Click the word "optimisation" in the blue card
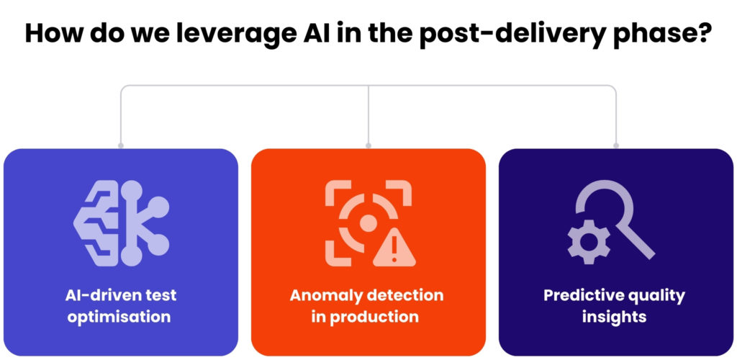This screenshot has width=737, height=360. tap(119, 317)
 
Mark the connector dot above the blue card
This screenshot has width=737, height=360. tap(120, 145)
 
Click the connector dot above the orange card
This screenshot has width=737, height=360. tap(368, 145)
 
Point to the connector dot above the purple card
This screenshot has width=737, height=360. tap(616, 145)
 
